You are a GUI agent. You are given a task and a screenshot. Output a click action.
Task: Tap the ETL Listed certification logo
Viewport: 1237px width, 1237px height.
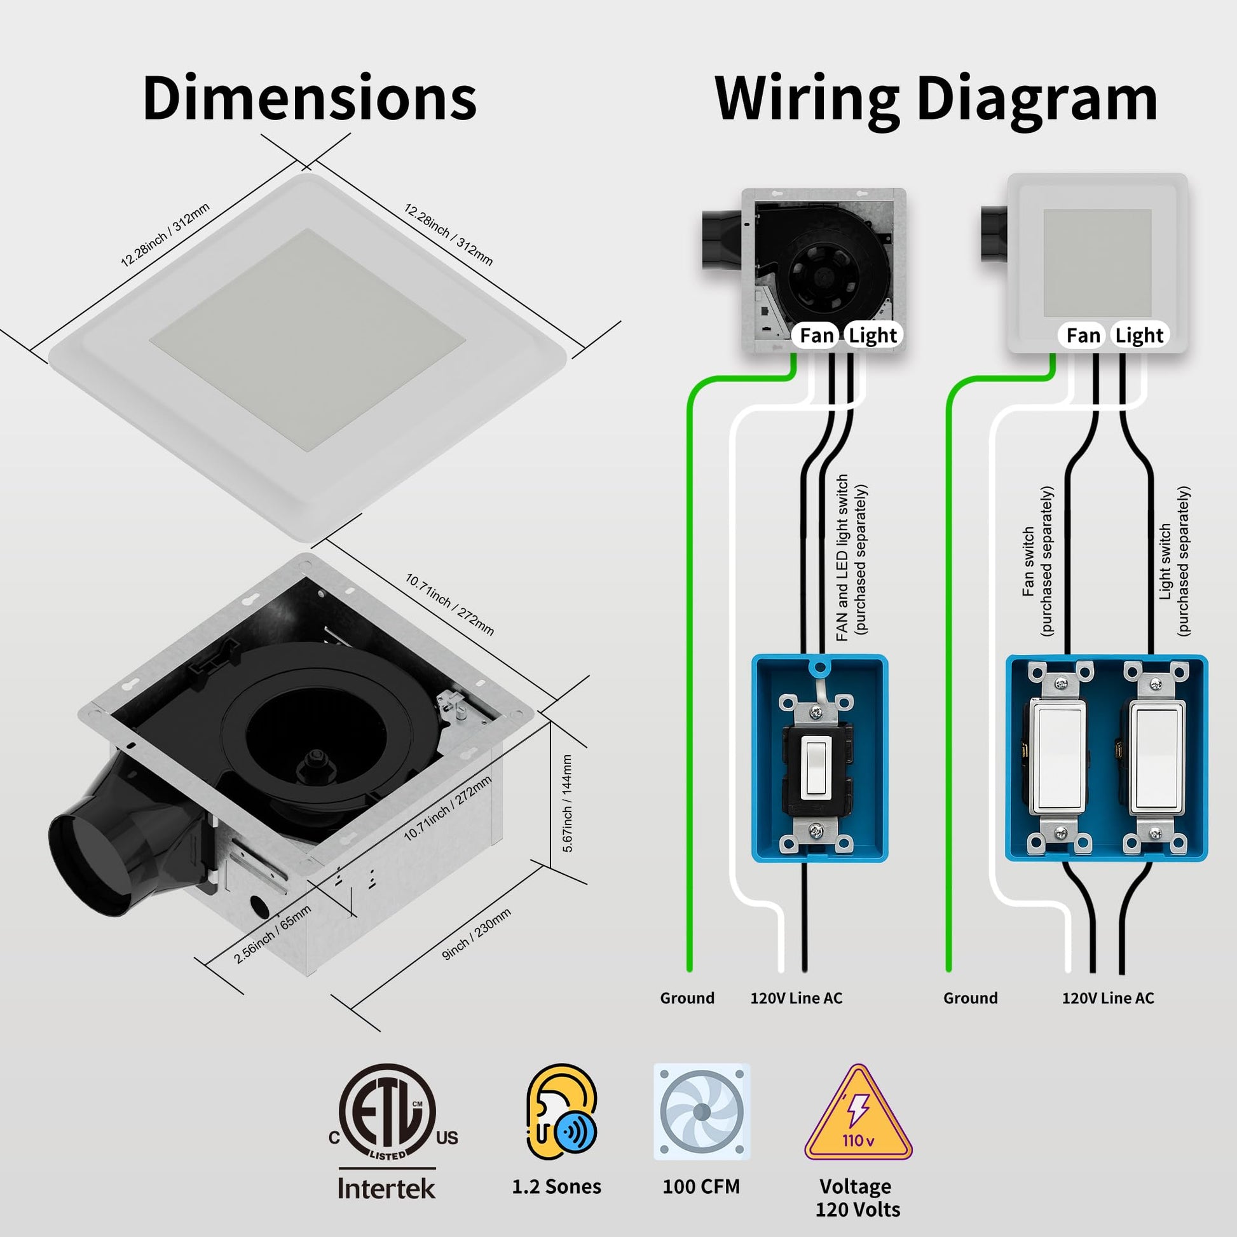387,1115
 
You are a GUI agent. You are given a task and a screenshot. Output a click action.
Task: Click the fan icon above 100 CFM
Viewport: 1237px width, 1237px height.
701,1112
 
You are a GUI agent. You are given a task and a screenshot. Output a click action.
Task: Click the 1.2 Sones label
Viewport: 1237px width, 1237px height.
556,1186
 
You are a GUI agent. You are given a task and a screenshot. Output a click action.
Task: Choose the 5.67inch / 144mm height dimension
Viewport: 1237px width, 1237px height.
567,803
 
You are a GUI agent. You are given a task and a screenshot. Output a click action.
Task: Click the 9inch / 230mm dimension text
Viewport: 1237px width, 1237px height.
476,934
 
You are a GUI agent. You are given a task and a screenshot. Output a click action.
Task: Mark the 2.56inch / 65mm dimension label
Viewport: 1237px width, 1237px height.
273,934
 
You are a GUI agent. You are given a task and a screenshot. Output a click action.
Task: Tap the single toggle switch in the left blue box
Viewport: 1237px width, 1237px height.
816,769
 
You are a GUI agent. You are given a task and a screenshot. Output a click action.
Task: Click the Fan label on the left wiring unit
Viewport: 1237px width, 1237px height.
816,336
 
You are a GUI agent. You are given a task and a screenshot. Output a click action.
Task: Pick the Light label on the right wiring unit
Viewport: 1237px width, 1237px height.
1139,336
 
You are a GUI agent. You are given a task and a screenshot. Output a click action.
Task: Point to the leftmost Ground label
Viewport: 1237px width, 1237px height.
687,997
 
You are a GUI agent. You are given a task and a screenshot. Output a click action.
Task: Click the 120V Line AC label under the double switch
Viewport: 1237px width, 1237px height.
1108,997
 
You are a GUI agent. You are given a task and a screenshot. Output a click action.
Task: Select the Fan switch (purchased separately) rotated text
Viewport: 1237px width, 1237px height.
1037,561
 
